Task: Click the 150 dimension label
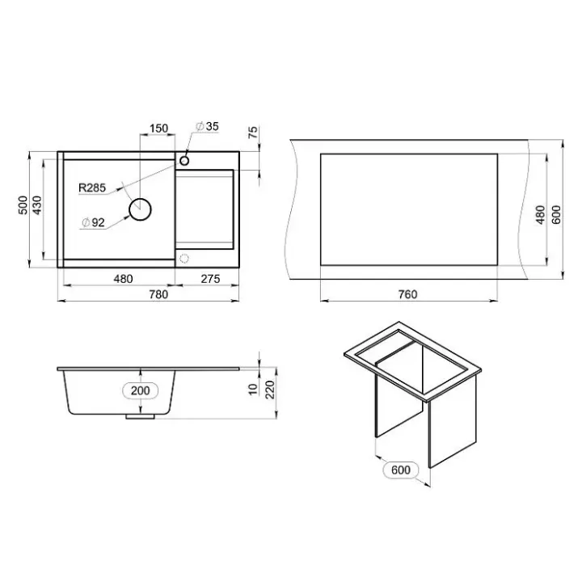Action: point(159,129)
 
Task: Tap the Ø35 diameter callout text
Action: point(208,126)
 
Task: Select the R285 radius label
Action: point(92,188)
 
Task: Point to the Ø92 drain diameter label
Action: point(93,222)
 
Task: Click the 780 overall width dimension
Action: point(158,294)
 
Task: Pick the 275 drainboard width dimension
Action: point(210,279)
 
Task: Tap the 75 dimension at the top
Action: point(252,133)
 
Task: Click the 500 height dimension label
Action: point(23,205)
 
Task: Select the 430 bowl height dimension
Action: point(37,205)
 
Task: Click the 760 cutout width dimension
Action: point(407,294)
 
